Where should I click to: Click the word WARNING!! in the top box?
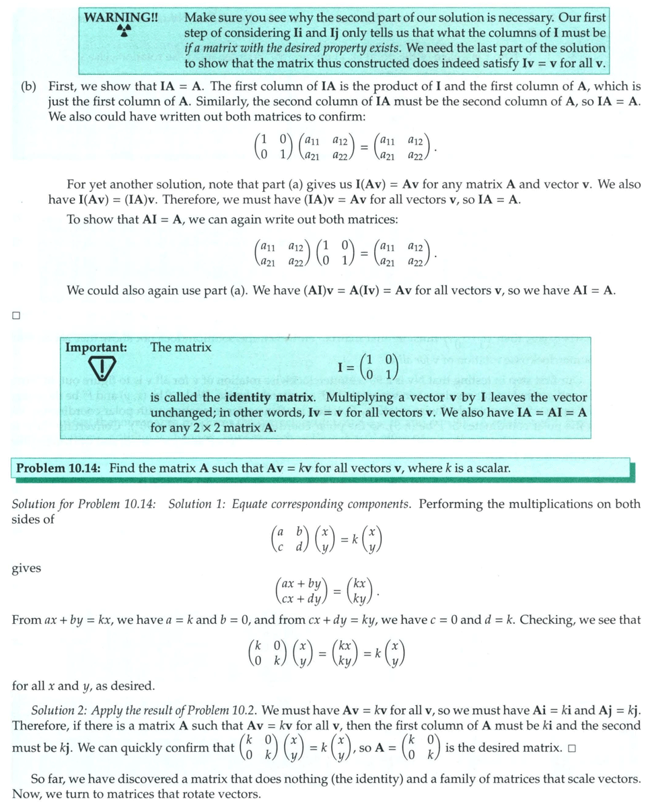tap(121, 17)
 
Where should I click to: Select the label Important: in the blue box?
tap(96, 347)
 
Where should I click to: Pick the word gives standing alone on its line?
tap(26, 569)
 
